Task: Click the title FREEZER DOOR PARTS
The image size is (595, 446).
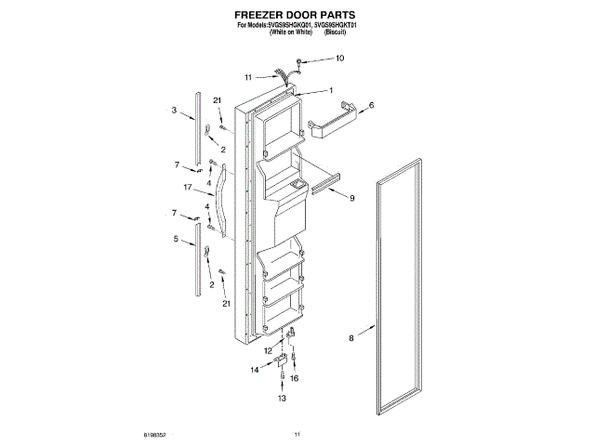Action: click(297, 15)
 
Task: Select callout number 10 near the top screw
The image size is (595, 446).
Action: click(339, 59)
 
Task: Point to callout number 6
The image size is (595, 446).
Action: click(371, 106)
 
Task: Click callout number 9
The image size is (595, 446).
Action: click(352, 198)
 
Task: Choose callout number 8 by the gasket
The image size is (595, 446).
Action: click(351, 339)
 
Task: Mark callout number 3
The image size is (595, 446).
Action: click(174, 111)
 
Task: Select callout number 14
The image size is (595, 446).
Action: click(254, 370)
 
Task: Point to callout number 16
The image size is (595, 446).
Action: click(296, 379)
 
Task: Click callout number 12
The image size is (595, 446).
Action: click(267, 351)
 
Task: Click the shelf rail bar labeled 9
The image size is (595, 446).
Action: click(330, 184)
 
